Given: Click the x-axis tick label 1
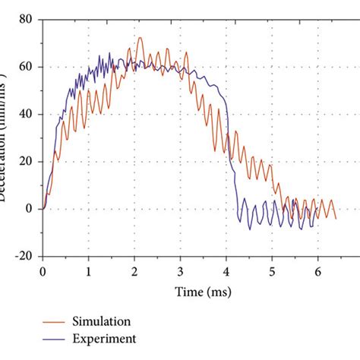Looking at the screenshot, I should point(89,270).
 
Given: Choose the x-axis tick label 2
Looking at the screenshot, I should point(134,270).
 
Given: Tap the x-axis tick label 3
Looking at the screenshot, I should point(181,270).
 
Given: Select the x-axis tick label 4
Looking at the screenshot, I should point(226,270).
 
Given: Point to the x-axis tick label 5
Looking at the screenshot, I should point(273,270).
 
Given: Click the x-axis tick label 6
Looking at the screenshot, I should point(318,270).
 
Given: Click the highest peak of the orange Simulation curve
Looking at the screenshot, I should point(140,37).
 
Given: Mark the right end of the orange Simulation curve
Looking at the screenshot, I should point(336,218).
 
